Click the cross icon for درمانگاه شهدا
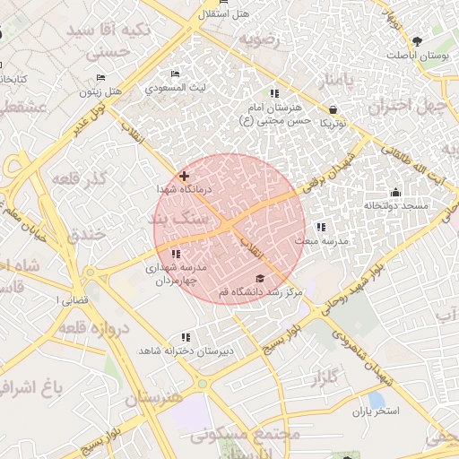click(x=184, y=177)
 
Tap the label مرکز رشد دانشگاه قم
click(x=261, y=292)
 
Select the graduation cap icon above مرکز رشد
click(x=260, y=278)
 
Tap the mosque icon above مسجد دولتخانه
click(x=395, y=192)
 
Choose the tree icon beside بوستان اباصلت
click(x=417, y=41)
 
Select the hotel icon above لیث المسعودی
click(x=176, y=74)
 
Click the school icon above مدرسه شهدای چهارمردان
click(x=174, y=254)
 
